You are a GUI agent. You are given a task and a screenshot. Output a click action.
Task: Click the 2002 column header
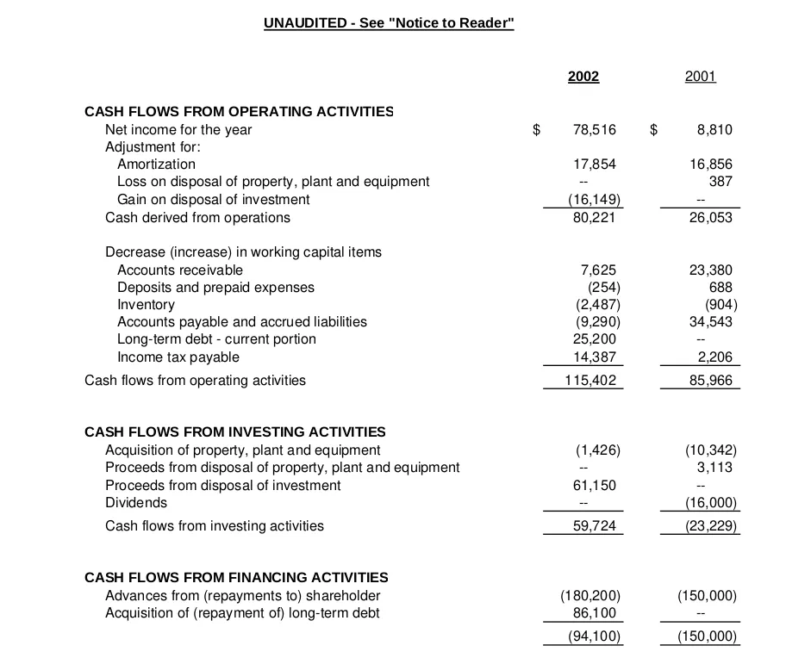pos(583,77)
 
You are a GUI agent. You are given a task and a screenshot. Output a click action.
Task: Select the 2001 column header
pos(700,77)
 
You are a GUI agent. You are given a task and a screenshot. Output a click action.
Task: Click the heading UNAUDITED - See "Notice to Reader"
pos(389,23)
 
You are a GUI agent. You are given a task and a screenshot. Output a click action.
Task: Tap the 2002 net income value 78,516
pos(595,130)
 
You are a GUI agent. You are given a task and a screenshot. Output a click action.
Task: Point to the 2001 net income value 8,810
pos(714,130)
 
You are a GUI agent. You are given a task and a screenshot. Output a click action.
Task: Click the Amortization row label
pos(156,164)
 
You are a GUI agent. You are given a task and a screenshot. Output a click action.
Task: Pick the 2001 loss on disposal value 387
pos(721,182)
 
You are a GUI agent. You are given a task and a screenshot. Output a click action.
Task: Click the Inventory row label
pos(146,305)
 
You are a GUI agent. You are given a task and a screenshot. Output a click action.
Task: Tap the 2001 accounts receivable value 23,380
pos(711,270)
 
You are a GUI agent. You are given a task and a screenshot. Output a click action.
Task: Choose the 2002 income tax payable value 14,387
pos(595,357)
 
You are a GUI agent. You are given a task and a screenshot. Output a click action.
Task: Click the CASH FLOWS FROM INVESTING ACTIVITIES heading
pos(234,431)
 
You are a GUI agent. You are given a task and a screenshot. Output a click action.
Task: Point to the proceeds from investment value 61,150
pos(595,486)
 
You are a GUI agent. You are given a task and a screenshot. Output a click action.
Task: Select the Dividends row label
pos(136,503)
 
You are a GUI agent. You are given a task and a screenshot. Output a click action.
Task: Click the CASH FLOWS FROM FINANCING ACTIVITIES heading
pos(236,577)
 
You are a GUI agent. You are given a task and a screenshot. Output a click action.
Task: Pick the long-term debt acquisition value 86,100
pos(595,613)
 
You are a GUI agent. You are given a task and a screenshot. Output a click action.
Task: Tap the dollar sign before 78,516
pos(536,130)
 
